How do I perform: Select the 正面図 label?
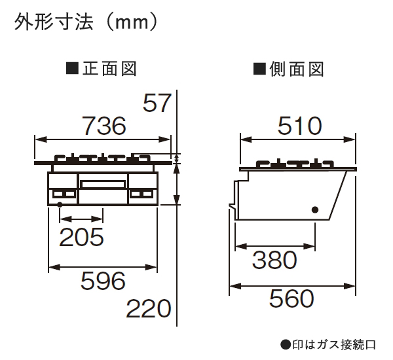coord(108,68)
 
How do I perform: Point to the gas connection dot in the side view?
coord(315,209)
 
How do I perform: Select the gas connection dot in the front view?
coord(60,205)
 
